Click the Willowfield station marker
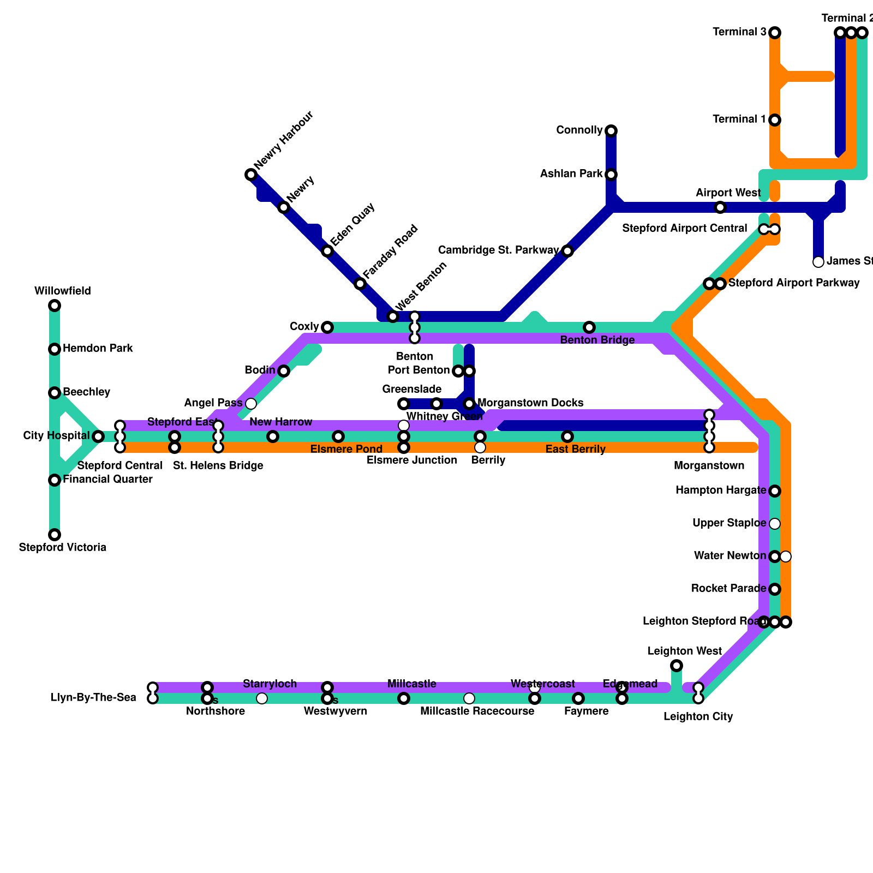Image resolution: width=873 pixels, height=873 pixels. point(55,306)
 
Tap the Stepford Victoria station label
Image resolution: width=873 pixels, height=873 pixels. point(62,547)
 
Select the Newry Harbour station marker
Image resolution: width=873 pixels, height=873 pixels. point(251,175)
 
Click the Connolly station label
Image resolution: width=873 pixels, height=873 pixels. point(579,130)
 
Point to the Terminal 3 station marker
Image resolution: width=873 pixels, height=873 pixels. point(775,33)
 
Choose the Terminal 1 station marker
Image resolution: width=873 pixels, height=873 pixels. point(775,120)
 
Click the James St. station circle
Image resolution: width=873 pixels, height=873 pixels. point(818,262)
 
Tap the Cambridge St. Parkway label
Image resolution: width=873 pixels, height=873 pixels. point(499,250)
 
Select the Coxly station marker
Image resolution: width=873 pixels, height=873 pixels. point(327,327)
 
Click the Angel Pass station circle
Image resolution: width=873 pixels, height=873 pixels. point(251,404)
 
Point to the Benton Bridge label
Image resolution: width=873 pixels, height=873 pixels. point(597,340)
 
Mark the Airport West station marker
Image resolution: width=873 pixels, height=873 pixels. point(720,207)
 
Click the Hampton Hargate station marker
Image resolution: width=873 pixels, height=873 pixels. point(775,491)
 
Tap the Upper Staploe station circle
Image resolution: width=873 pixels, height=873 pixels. point(775,524)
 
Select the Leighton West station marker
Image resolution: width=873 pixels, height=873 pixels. point(677,666)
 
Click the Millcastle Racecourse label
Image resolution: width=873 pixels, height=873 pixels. point(477,711)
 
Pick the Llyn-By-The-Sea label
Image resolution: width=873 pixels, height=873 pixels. point(93,698)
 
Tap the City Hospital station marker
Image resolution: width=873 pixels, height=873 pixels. point(98,436)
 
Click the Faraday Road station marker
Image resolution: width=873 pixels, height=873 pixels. point(360,284)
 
